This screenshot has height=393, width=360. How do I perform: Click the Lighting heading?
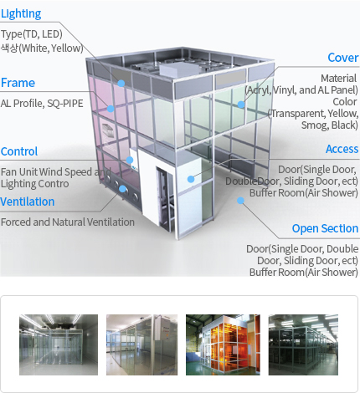[x=21, y=13]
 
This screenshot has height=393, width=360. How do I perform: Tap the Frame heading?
[x=18, y=83]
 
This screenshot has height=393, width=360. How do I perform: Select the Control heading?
[x=19, y=151]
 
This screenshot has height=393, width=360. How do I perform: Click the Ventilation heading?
[x=27, y=202]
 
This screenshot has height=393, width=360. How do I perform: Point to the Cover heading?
[x=343, y=58]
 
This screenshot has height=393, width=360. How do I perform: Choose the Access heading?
[x=342, y=149]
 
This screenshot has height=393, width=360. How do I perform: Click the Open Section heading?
[x=325, y=228]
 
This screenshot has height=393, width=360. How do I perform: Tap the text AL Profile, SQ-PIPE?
[x=42, y=104]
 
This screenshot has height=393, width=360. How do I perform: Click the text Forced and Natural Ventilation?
[x=68, y=222]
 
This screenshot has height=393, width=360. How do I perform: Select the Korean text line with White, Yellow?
[x=42, y=48]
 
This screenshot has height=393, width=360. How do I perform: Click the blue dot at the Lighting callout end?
[x=121, y=83]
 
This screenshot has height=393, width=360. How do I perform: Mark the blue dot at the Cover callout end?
[x=241, y=105]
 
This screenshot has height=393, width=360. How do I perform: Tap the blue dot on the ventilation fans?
[x=122, y=189]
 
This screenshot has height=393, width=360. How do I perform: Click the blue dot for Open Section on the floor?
[x=240, y=200]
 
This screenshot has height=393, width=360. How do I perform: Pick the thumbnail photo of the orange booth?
[x=223, y=345]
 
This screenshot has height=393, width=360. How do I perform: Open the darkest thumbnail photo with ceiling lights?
[x=303, y=345]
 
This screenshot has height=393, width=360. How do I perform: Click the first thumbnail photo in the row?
[x=59, y=345]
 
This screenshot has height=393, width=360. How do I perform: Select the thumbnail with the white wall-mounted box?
[x=141, y=345]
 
